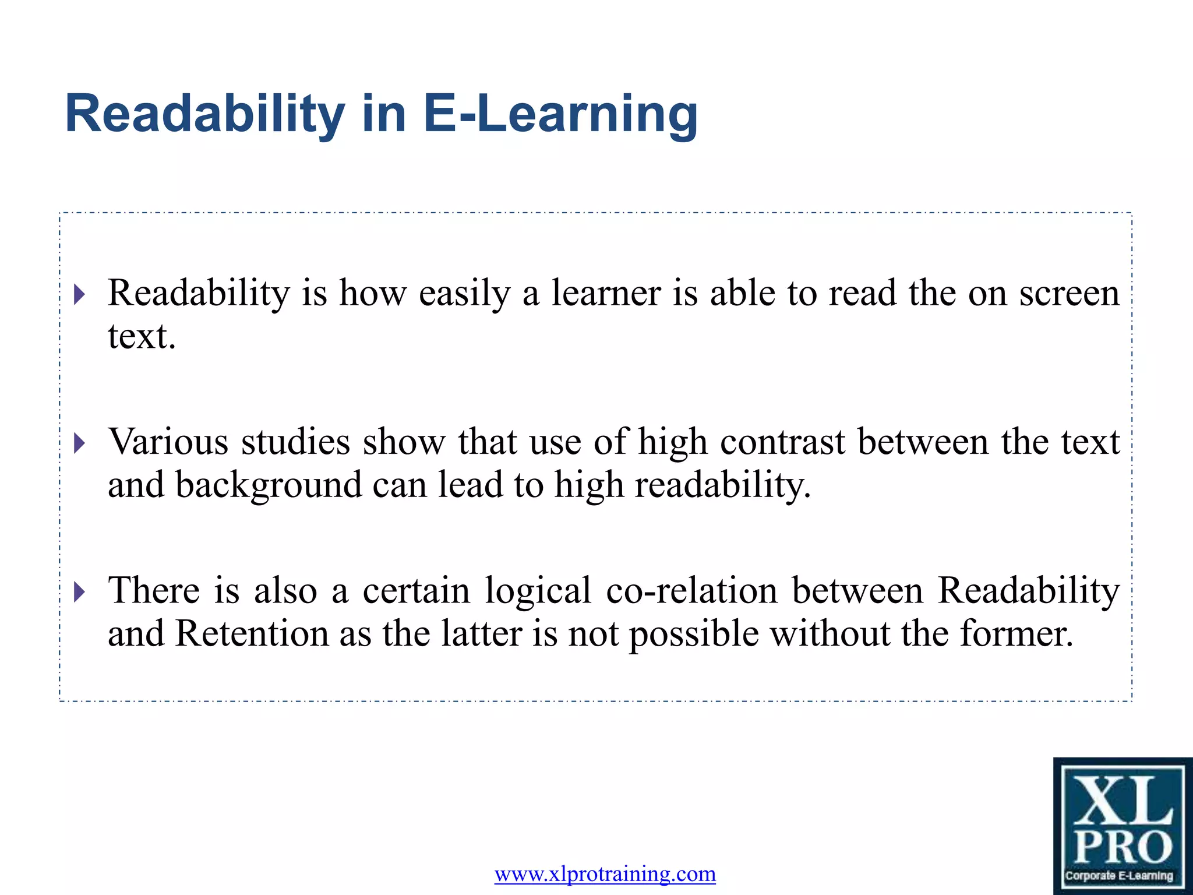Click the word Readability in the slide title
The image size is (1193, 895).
pyautogui.click(x=205, y=114)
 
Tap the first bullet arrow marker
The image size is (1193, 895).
pyautogui.click(x=80, y=294)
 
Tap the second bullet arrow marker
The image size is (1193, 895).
pyautogui.click(x=80, y=443)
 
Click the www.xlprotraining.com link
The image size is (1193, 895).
pyautogui.click(x=605, y=874)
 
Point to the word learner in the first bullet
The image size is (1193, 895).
pyautogui.click(x=606, y=293)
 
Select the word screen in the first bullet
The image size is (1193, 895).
pyautogui.click(x=1069, y=293)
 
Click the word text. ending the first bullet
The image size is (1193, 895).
pyautogui.click(x=142, y=337)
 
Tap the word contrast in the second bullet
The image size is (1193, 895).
pyautogui.click(x=782, y=442)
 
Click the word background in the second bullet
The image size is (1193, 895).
pyautogui.click(x=269, y=485)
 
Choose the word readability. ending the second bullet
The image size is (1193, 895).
pyautogui.click(x=722, y=485)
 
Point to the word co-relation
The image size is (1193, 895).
pyautogui.click(x=691, y=591)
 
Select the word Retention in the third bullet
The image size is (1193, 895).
pyautogui.click(x=252, y=634)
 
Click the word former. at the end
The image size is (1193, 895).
pyautogui.click(x=1016, y=634)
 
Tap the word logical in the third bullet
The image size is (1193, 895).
pyautogui.click(x=538, y=591)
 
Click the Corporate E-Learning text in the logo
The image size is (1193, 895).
pyautogui.click(x=1119, y=876)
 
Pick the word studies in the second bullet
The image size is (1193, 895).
pyautogui.click(x=295, y=442)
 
